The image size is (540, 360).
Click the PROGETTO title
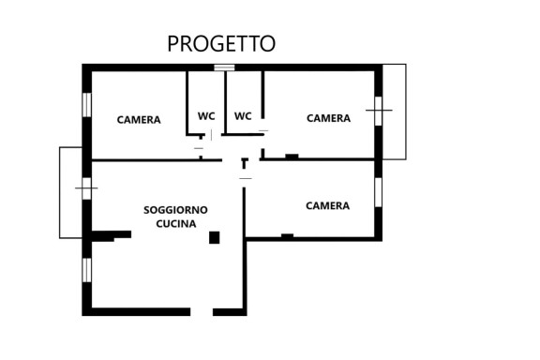click(x=221, y=43)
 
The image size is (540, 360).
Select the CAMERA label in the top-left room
click(x=139, y=120)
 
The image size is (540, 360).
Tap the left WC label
click(x=206, y=116)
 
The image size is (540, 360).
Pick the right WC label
click(x=243, y=116)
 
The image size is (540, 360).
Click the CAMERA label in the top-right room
click(x=328, y=118)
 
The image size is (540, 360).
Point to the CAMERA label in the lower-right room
click(x=327, y=205)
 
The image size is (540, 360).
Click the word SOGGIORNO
click(x=175, y=209)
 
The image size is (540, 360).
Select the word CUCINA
click(x=175, y=224)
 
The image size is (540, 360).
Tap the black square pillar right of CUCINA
click(x=214, y=237)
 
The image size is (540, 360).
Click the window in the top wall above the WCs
click(x=224, y=67)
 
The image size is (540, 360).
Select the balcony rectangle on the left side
click(x=71, y=191)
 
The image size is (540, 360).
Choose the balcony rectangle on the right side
click(x=395, y=111)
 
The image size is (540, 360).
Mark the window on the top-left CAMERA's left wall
click(x=86, y=104)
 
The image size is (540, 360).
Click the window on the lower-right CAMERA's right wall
click(x=379, y=190)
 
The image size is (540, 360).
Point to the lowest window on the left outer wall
click(x=86, y=269)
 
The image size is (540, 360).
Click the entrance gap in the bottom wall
click(x=202, y=311)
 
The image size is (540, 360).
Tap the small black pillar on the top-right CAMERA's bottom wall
click(x=292, y=156)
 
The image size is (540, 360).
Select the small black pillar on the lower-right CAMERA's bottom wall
click(x=287, y=235)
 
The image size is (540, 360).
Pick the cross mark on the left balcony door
click(x=86, y=190)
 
